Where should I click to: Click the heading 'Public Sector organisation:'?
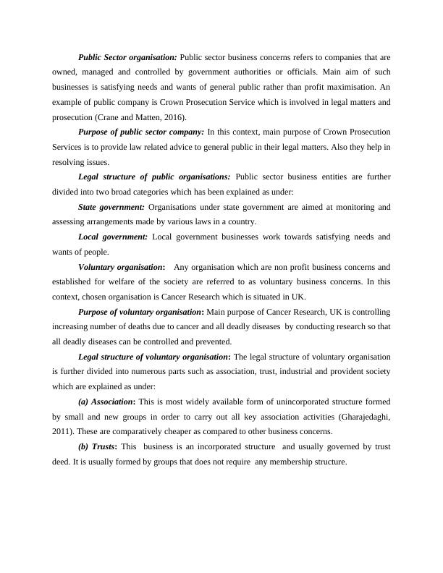point(127,56)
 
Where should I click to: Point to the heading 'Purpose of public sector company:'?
point(141,132)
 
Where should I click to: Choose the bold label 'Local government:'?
point(112,237)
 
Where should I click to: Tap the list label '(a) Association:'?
point(106,401)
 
